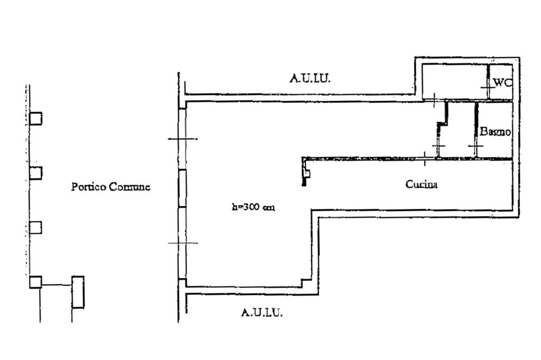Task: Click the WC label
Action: pos(502,83)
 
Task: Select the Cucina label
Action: pos(422,184)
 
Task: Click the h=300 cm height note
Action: pos(253,207)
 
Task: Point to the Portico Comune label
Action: pos(111,186)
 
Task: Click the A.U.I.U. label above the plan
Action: pos(310,78)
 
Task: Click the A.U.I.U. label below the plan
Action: pos(262,312)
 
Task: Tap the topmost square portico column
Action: pos(35,118)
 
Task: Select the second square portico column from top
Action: pos(35,173)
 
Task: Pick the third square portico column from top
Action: pos(35,228)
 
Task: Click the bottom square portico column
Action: pos(35,282)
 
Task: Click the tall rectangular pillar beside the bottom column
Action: pos(78,292)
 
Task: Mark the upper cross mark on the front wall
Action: pos(183,139)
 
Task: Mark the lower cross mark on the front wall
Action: pos(183,243)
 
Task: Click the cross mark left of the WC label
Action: pos(488,88)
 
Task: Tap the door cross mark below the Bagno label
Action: pos(476,146)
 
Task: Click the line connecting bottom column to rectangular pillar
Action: pos(57,285)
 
